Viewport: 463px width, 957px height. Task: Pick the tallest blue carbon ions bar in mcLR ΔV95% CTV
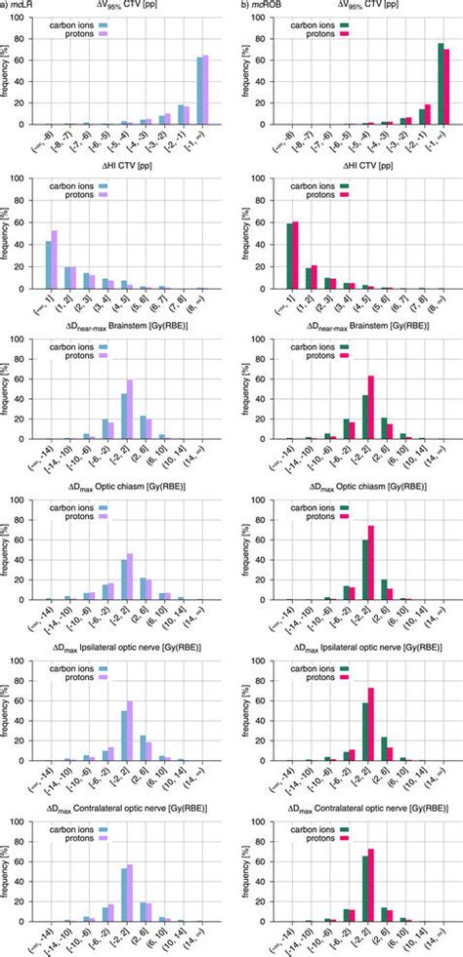(200, 92)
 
